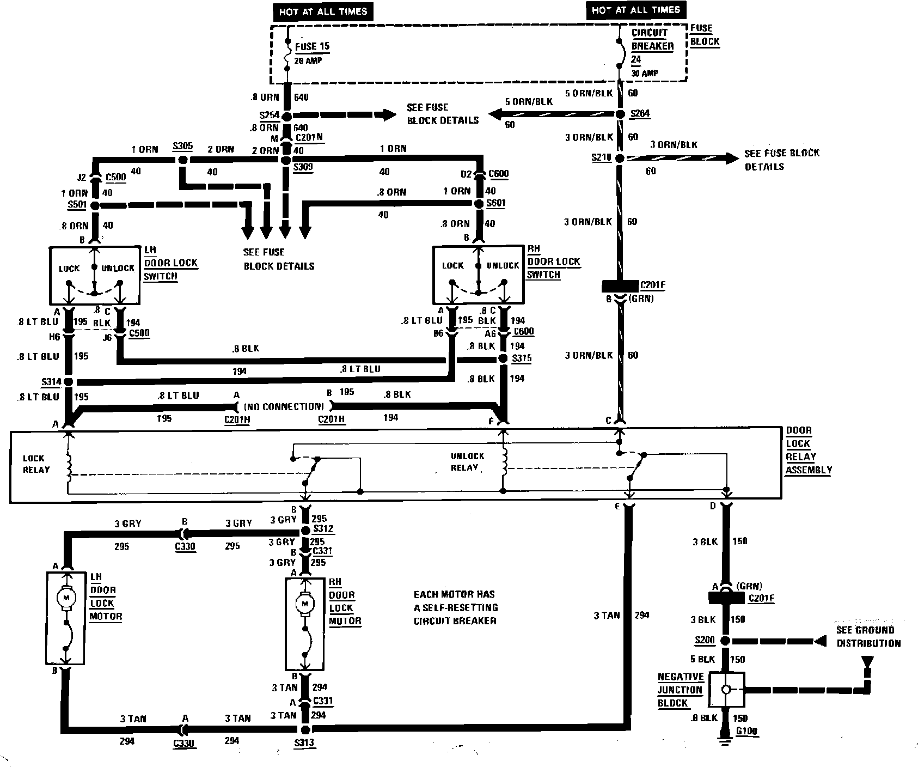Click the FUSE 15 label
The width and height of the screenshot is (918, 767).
coord(312,47)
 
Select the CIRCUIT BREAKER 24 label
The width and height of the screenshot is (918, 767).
coord(652,46)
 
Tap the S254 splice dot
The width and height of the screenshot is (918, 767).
coord(287,116)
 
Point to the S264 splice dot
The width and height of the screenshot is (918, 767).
coord(619,114)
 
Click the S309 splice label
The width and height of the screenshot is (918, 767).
coord(303,168)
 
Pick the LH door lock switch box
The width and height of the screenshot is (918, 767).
coord(95,276)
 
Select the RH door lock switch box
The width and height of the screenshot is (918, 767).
coord(478,275)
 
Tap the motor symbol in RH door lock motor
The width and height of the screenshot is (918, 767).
coord(304,603)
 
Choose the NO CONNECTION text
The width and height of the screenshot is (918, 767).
coord(284,406)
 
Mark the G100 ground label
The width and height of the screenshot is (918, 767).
coord(745,731)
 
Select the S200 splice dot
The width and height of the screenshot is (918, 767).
coord(725,641)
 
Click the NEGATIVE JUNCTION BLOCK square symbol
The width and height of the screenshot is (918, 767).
coord(726,689)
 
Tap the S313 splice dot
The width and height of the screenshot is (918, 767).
coord(305,729)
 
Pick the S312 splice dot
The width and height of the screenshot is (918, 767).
coord(305,531)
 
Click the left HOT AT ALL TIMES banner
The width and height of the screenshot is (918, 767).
coord(323,12)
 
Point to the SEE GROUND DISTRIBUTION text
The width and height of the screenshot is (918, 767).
coord(868,636)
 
